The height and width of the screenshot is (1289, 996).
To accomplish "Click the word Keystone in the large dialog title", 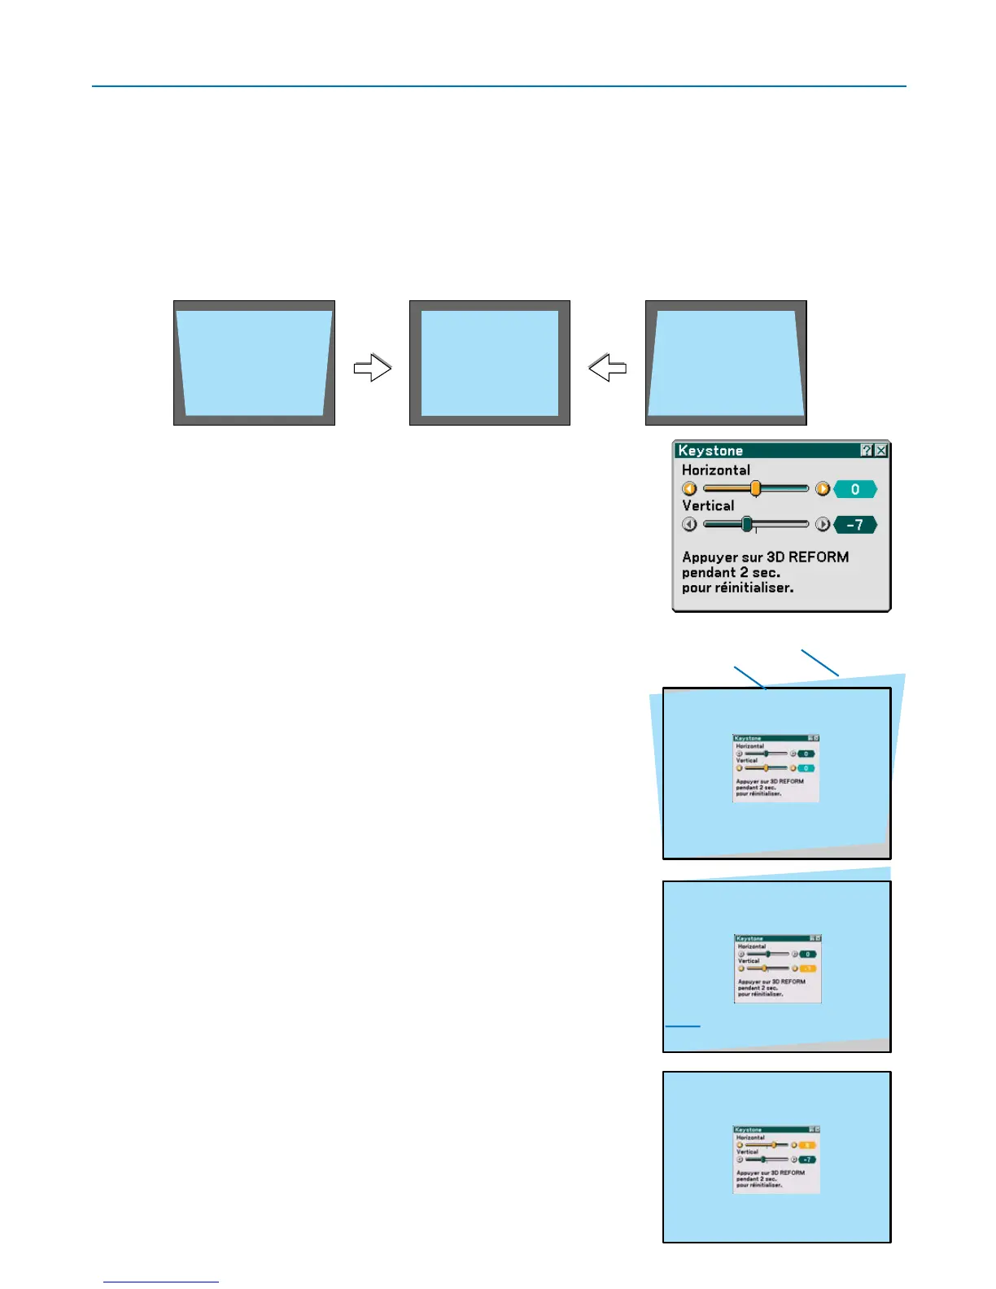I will (710, 451).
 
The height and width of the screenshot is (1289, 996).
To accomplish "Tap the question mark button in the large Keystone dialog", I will (867, 450).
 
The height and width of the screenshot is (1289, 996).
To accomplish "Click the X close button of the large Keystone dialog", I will (880, 450).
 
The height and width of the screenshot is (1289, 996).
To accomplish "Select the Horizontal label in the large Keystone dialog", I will (716, 470).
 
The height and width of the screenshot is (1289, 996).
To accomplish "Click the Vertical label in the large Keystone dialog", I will (708, 505).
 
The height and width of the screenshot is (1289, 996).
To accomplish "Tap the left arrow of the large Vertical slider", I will (689, 525).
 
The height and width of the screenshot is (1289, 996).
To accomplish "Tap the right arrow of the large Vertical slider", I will (823, 525).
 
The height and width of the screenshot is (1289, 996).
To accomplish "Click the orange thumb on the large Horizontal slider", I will (755, 488).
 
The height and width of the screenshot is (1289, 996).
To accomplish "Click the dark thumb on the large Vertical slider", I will (747, 524).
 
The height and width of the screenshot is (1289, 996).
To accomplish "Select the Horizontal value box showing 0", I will (855, 489).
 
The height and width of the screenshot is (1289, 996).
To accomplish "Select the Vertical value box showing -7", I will (855, 525).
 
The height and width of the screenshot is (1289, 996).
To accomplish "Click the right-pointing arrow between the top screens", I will (373, 368).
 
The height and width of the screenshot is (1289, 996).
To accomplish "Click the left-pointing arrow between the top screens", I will (607, 368).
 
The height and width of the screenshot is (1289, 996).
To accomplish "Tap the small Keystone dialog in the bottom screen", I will (776, 1159).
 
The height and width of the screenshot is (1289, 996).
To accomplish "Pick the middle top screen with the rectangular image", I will (489, 363).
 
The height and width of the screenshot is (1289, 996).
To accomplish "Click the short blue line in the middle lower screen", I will (683, 1026).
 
